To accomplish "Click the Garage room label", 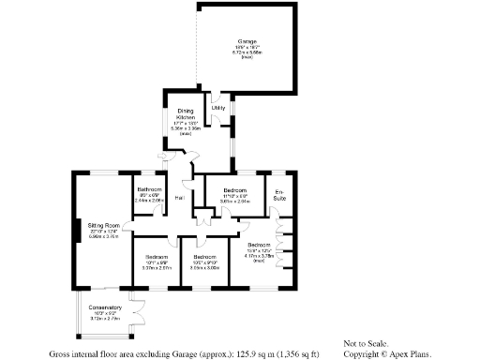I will point(247,41).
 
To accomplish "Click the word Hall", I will point(179,198).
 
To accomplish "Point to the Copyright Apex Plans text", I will point(380,354).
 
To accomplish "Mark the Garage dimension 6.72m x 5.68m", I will point(247,52).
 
